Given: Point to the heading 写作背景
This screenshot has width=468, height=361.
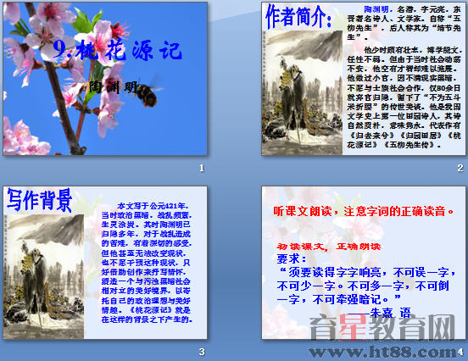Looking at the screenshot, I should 40,200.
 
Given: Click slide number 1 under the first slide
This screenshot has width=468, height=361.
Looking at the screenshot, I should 201,168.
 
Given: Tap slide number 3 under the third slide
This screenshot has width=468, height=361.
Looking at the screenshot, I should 201,351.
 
